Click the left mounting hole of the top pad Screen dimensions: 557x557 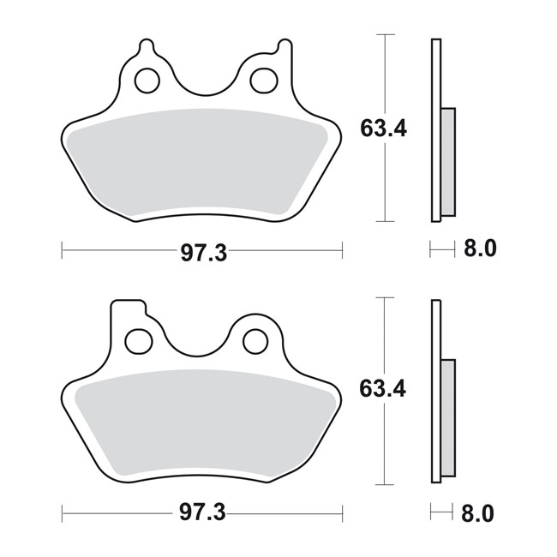pos(147,81)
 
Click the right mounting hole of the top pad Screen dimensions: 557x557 pos(261,81)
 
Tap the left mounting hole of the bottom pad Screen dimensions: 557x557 pos(138,340)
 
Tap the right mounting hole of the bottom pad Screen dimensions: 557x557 pos(254,340)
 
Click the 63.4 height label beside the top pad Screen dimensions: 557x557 pos(383,130)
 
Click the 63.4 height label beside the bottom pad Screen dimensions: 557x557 pos(383,389)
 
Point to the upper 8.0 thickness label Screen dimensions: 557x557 pos(480,250)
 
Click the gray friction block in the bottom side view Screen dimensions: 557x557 pos(448,418)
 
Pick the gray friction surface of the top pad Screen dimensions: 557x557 pos(201,163)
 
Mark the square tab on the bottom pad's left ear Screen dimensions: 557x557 pos(125,308)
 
